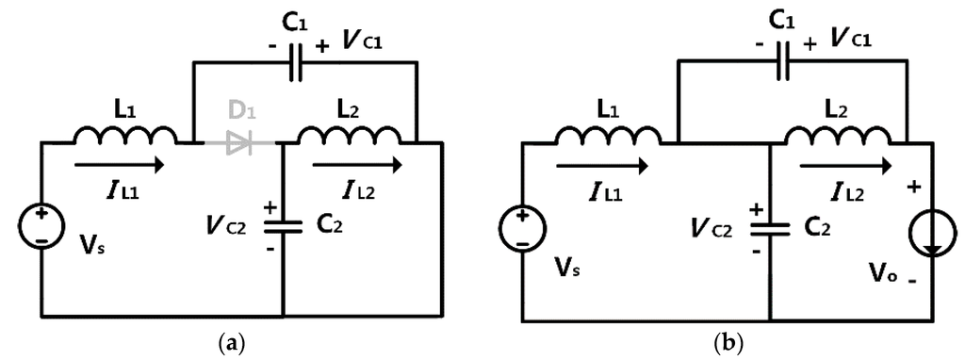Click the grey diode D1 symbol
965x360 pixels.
pos(238,143)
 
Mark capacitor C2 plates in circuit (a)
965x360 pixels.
pos(284,225)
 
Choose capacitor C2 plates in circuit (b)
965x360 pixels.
pos(770,225)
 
